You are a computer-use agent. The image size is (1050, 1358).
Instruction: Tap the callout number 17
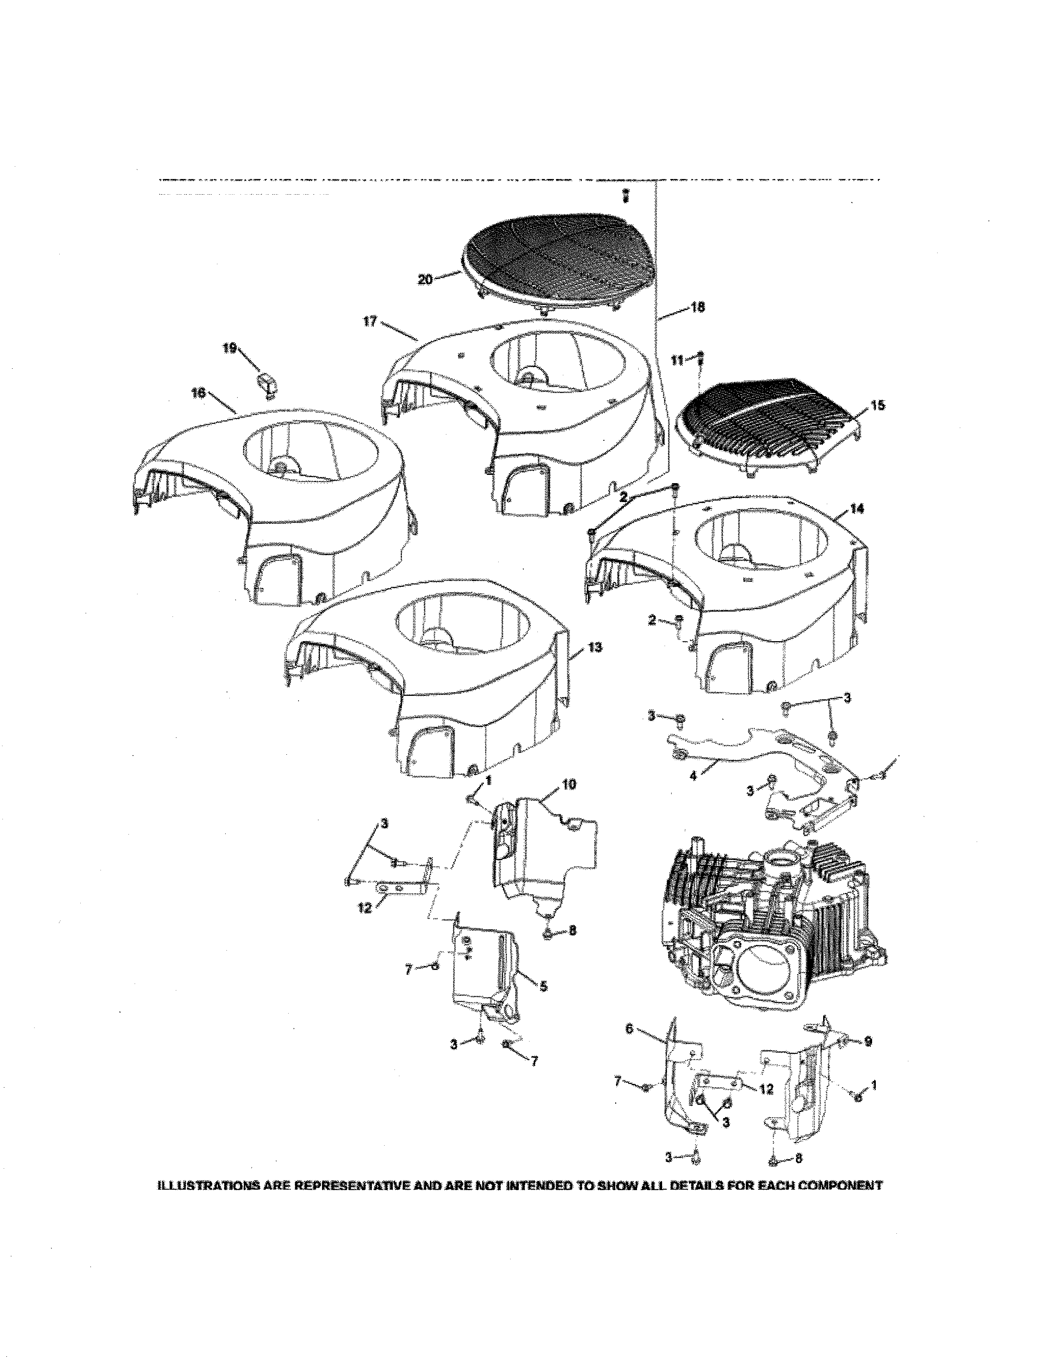[370, 322]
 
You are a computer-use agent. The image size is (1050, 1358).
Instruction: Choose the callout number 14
[857, 509]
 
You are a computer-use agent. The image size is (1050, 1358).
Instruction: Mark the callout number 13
[595, 647]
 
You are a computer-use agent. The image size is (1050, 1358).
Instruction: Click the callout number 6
[629, 1029]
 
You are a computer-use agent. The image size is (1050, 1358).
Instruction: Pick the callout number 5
[543, 986]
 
